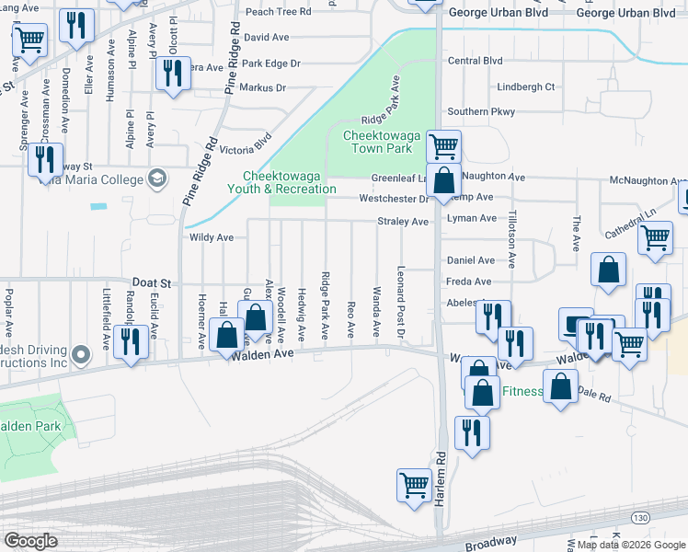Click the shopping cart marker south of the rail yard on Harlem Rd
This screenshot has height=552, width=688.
415,485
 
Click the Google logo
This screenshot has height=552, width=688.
30,541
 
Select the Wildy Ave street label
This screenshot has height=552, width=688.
212,237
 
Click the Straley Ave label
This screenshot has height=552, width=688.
403,222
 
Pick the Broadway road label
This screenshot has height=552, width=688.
489,543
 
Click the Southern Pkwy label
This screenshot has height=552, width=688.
481,112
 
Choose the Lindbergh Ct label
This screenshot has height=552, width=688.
526,86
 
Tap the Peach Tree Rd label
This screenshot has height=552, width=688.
279,12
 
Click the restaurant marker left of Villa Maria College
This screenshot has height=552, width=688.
45,158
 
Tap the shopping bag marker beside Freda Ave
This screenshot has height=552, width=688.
608,270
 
